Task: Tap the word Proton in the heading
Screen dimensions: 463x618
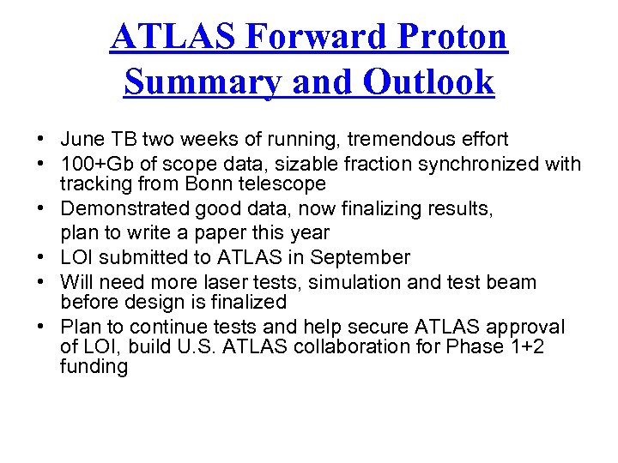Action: pos(455,37)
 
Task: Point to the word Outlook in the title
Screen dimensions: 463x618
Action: pos(428,82)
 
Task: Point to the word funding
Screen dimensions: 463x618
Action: pos(94,367)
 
